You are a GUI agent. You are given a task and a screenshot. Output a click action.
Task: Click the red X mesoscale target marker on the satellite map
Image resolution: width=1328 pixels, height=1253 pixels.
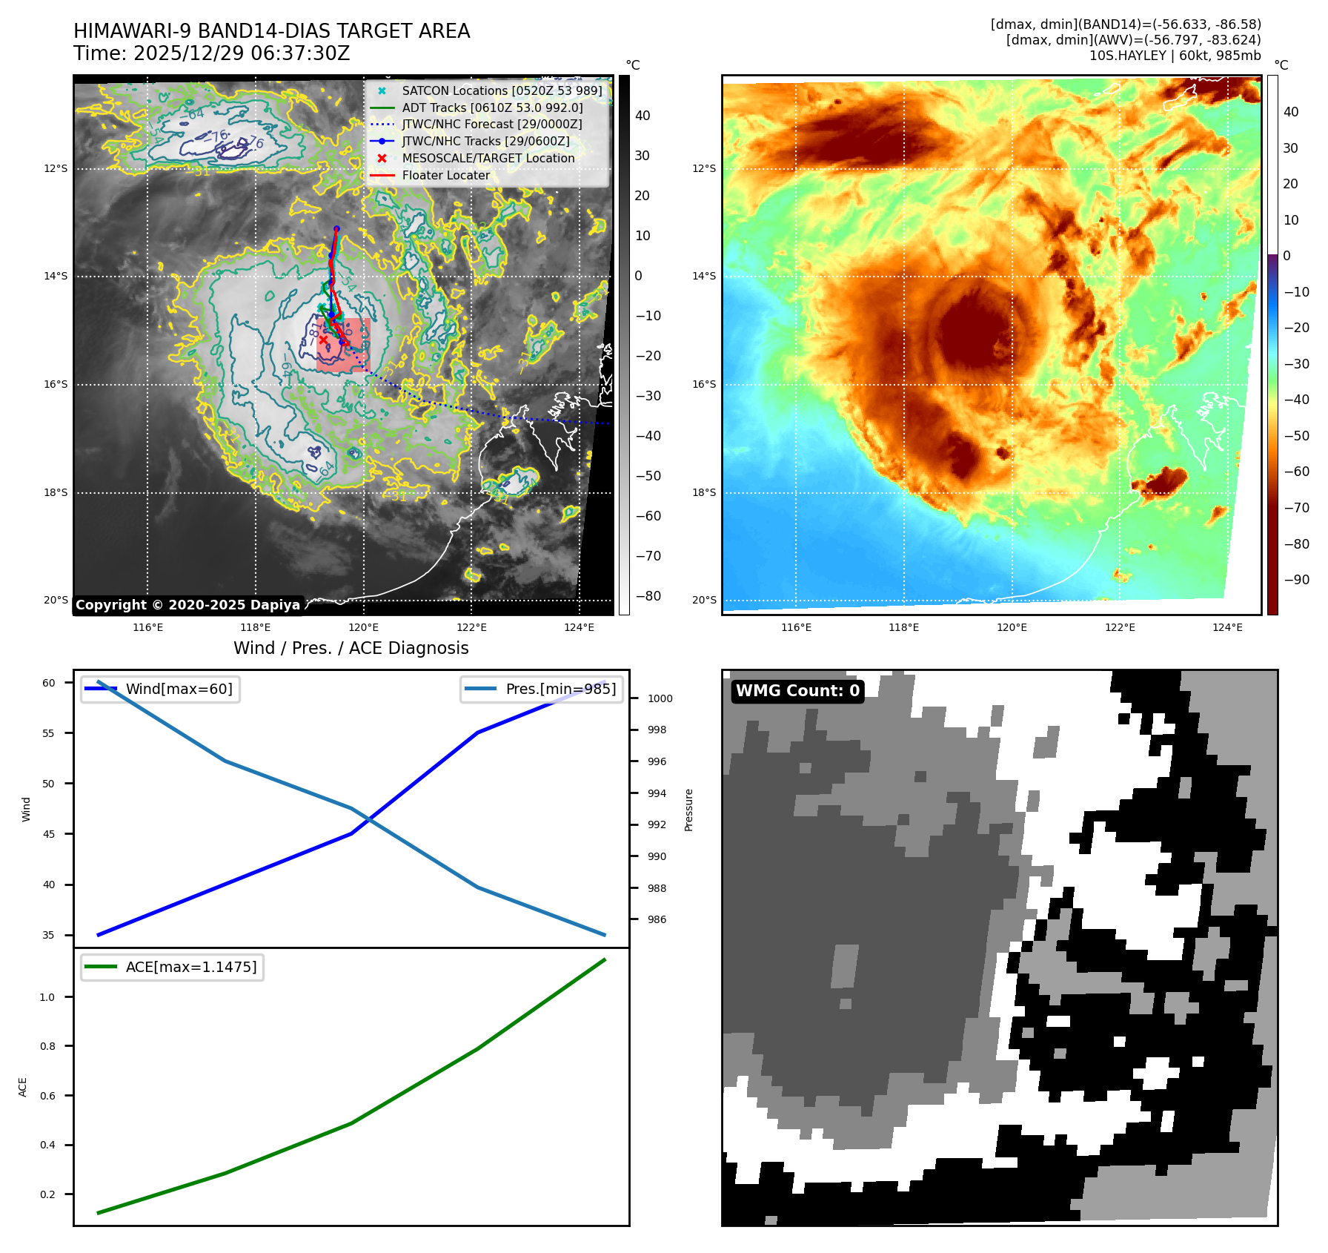pos(323,340)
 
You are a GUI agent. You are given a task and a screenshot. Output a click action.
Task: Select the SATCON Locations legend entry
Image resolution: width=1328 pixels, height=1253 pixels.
pos(502,90)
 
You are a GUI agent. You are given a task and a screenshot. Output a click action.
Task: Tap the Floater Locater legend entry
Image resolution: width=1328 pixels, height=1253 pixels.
pos(445,175)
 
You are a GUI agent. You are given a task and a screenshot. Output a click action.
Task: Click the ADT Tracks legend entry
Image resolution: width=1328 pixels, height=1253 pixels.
pos(492,108)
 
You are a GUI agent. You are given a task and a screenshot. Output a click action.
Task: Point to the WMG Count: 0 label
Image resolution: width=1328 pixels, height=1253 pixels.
pos(797,691)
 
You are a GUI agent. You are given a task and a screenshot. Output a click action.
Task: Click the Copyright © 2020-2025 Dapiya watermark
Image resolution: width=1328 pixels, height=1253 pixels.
pos(187,605)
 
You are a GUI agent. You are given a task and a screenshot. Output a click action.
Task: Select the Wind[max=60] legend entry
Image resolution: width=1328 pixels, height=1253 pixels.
pos(179,689)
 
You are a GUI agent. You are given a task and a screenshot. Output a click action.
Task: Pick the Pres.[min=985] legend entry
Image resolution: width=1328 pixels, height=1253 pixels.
pos(560,689)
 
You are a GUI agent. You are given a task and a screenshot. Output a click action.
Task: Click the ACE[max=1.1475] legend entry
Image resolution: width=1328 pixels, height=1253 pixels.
pos(191,967)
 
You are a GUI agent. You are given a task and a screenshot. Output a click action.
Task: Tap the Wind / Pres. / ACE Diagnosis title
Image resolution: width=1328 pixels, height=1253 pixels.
pos(351,648)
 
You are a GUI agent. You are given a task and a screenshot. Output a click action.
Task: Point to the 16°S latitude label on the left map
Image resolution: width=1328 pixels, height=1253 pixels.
pos(56,384)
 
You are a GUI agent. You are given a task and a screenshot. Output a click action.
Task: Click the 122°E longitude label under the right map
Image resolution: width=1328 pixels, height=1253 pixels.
pos(1120,627)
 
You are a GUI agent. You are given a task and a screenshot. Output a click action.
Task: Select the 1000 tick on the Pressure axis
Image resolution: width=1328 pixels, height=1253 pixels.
pos(660,698)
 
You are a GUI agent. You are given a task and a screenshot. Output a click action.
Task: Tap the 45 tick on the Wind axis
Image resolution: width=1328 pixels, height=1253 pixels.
pos(49,834)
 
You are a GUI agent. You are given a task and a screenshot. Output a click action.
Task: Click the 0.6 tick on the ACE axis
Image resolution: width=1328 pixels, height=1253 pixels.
pos(47,1096)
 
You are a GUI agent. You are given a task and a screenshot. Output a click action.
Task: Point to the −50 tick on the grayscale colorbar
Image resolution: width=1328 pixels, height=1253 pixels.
pos(648,476)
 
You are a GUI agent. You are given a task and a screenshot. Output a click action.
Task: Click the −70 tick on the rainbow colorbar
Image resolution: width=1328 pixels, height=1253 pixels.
pos(1296,508)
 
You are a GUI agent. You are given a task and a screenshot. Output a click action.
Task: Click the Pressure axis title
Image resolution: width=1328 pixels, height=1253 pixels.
pos(689,810)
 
